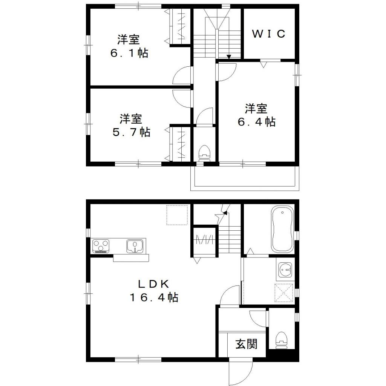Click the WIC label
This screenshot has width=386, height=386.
268,34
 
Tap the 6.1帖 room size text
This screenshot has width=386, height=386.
129,53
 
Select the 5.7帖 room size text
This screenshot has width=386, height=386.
131,132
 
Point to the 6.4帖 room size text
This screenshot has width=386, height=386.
256,122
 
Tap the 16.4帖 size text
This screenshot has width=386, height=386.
154,297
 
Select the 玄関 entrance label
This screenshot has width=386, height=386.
247,344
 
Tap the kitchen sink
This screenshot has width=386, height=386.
135,246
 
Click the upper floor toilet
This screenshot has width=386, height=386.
204,153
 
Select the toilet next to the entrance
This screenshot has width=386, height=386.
282,338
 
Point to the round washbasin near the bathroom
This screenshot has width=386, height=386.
285,269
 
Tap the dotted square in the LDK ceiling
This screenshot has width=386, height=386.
177,215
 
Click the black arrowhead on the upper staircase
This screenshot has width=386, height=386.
229,57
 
